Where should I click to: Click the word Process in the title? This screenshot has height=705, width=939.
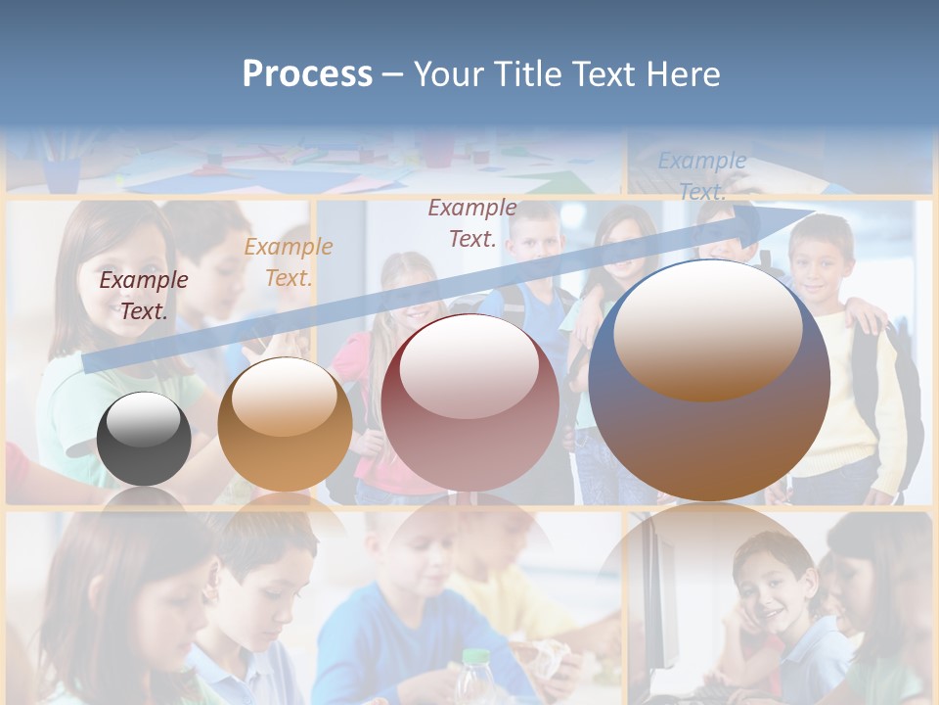pyautogui.click(x=307, y=74)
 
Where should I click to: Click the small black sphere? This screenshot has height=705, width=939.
pyautogui.click(x=144, y=439)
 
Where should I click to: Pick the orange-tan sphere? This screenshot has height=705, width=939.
pyautogui.click(x=285, y=425)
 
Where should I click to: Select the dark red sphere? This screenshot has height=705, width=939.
pyautogui.click(x=469, y=403)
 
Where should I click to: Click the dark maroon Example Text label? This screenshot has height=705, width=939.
pyautogui.click(x=144, y=295)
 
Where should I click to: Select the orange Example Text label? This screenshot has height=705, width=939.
pyautogui.click(x=289, y=261)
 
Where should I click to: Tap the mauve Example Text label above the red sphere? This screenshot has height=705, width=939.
pyautogui.click(x=472, y=222)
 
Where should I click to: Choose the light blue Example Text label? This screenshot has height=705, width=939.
pyautogui.click(x=702, y=176)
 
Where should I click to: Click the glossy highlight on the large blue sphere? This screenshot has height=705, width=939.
pyautogui.click(x=707, y=328)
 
